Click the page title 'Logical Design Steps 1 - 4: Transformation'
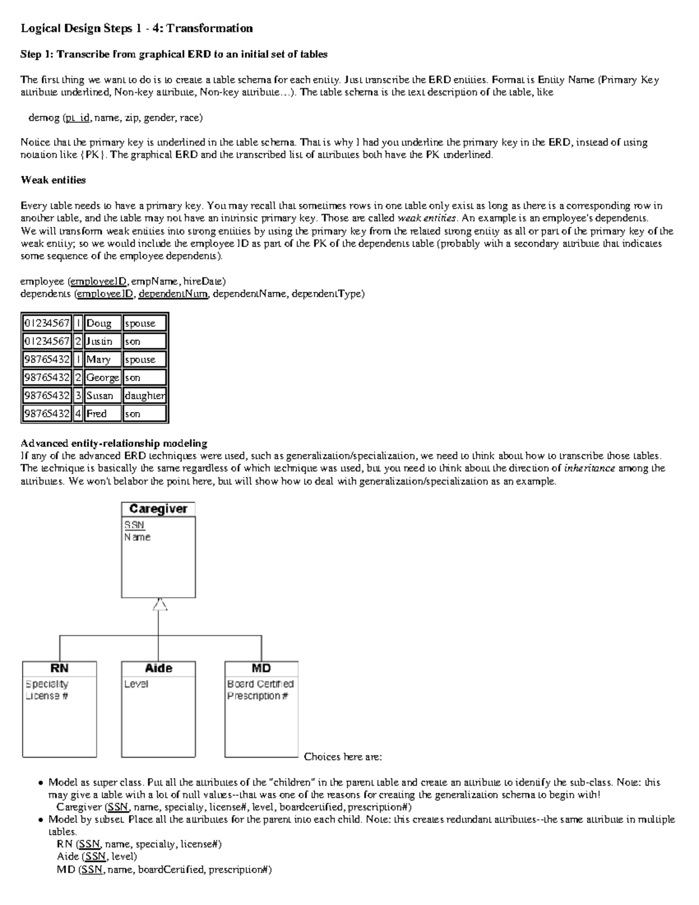coord(136,29)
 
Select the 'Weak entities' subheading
coord(53,180)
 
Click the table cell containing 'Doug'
coord(98,323)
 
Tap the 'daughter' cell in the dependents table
coord(144,396)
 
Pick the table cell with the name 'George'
coord(103,378)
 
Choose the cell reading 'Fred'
coord(97,414)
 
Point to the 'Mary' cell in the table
coord(98,360)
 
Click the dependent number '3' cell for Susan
coord(78,396)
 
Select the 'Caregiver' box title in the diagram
coord(158,509)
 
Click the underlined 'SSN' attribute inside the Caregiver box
coord(134,525)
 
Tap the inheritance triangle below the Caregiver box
coord(160,605)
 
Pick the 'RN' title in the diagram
coord(59,668)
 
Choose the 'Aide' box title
coord(158,668)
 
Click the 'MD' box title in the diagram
coord(261,668)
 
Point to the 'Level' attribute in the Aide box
coord(136,684)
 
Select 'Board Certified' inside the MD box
coord(260,684)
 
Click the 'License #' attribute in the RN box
coord(47,696)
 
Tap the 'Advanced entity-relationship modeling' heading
coord(114,443)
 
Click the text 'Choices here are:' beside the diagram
coord(343,757)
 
